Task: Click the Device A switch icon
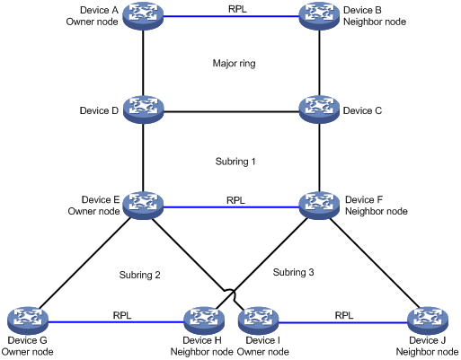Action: (143, 15)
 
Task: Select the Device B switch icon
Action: (320, 15)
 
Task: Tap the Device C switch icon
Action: (320, 110)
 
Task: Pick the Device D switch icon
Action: (143, 110)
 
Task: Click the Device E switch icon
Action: (143, 206)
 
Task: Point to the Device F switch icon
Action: (320, 206)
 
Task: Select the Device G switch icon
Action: (28, 320)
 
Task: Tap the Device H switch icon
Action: (204, 320)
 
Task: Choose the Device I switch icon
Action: (259, 320)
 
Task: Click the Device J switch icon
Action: (428, 320)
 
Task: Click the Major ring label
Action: (234, 64)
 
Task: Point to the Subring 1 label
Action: (235, 162)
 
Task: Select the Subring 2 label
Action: (139, 275)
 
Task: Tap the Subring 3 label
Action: (293, 272)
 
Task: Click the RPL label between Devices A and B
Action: (237, 9)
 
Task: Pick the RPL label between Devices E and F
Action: (235, 200)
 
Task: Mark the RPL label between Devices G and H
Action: (122, 315)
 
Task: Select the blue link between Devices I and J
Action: (343, 322)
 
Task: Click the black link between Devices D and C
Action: (232, 112)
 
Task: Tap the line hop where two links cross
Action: (230, 294)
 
